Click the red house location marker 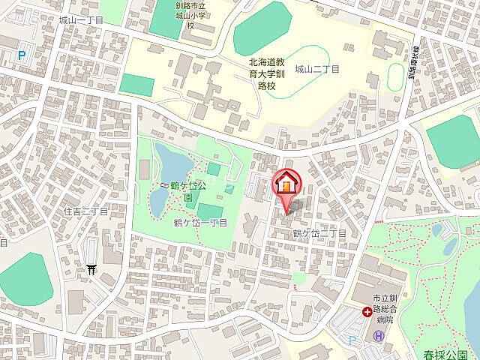[x=286, y=183]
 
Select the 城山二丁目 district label [x=316, y=69]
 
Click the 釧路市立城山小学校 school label [x=190, y=15]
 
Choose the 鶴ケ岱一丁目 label [x=200, y=223]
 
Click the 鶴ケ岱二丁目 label [x=319, y=233]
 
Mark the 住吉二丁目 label [x=85, y=211]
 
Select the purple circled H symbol [x=379, y=336]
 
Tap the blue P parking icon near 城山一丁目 [x=20, y=55]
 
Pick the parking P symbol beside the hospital [x=352, y=339]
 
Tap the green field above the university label [x=262, y=28]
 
